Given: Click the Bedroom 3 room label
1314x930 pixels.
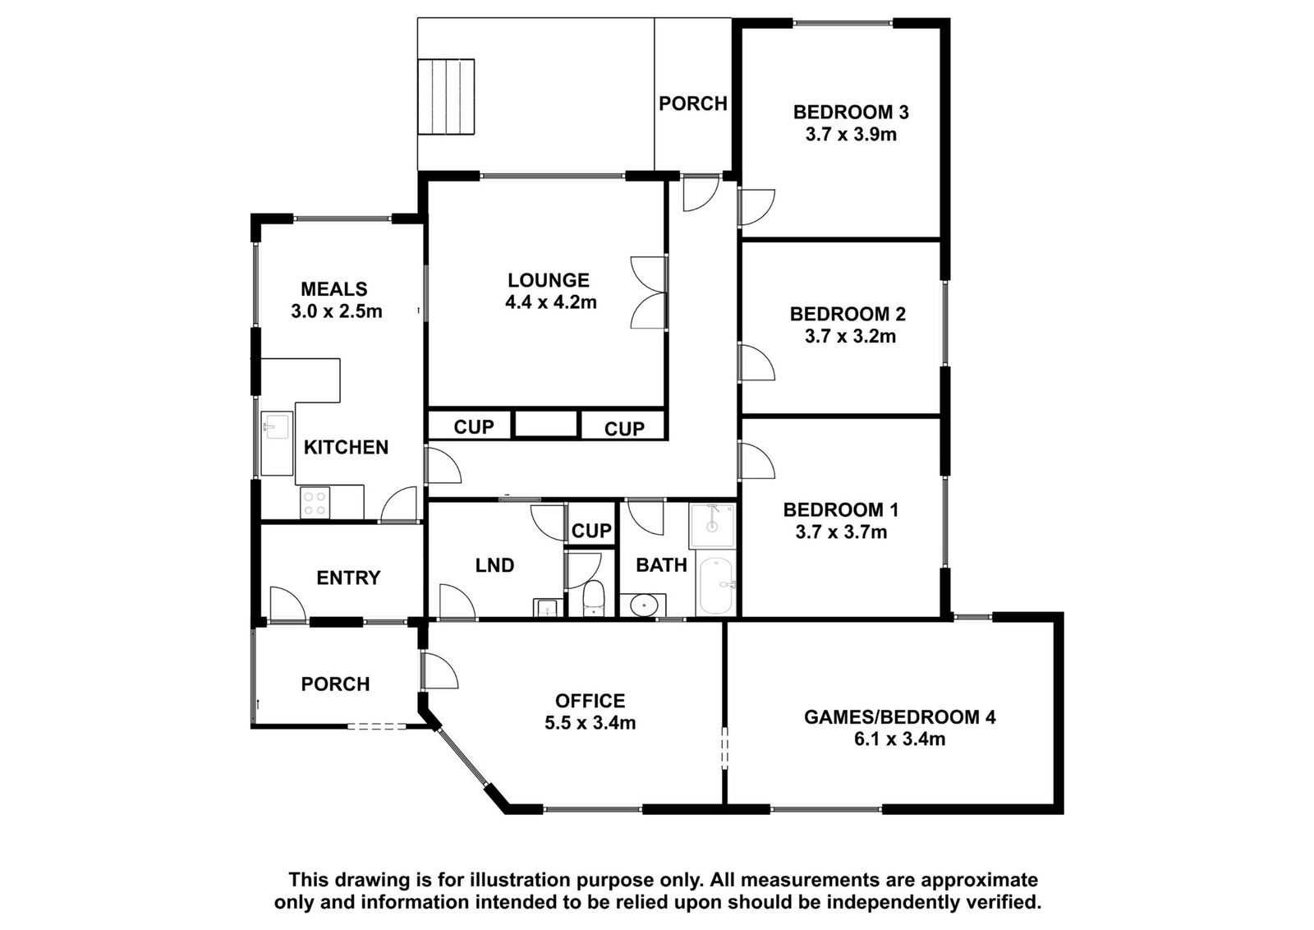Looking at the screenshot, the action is click(x=851, y=112).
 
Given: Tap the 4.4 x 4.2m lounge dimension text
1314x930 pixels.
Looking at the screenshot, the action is click(x=551, y=302).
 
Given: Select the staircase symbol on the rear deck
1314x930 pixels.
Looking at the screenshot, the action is click(x=446, y=97).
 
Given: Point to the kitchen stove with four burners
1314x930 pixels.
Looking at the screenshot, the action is click(x=315, y=504).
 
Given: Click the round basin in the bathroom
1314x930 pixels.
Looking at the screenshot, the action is click(x=644, y=605).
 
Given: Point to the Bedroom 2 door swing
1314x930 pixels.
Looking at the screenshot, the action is click(x=756, y=362).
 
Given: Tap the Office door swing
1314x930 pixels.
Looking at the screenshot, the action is click(x=439, y=670).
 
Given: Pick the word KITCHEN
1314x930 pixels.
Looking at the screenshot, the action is click(x=346, y=447).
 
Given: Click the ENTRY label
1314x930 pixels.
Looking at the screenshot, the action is click(x=348, y=578).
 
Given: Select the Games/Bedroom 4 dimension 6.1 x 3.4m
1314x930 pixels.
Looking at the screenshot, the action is click(x=900, y=739).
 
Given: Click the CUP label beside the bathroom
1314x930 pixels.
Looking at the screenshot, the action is click(x=591, y=531).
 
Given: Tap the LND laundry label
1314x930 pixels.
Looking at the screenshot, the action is click(x=494, y=565).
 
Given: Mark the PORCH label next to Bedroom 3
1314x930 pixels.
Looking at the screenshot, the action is click(x=693, y=104).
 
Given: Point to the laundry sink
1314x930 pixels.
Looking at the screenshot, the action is click(x=547, y=608).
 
